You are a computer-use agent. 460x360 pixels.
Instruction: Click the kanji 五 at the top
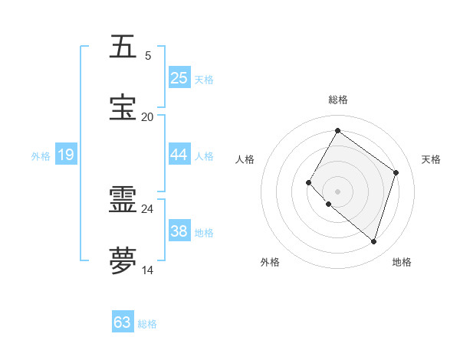[123, 47]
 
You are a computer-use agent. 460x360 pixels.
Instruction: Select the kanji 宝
[123, 108]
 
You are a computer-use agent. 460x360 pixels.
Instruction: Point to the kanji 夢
[123, 260]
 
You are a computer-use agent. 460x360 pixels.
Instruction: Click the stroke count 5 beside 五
[148, 56]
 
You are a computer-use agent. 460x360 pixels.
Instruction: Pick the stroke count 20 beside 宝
[147, 116]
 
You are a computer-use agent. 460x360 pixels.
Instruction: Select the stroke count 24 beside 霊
[147, 208]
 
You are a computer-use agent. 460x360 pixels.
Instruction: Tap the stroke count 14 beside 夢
[147, 269]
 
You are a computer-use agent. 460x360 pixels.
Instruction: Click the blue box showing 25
[179, 77]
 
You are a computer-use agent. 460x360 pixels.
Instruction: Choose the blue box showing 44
[179, 155]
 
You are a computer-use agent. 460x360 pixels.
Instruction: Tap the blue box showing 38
[179, 231]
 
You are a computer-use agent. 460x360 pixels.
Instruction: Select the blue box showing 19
[66, 155]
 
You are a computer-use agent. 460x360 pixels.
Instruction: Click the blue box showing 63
[123, 322]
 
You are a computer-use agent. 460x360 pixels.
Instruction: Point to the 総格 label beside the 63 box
[148, 324]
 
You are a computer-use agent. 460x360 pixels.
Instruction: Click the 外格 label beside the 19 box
[41, 156]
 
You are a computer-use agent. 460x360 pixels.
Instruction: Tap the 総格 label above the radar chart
[337, 100]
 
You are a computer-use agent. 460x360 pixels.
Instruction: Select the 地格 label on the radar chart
[402, 262]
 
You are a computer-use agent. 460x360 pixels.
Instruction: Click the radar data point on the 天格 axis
[396, 172]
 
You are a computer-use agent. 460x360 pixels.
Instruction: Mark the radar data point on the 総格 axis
[337, 131]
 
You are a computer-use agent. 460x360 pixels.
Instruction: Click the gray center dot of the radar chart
[337, 191]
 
